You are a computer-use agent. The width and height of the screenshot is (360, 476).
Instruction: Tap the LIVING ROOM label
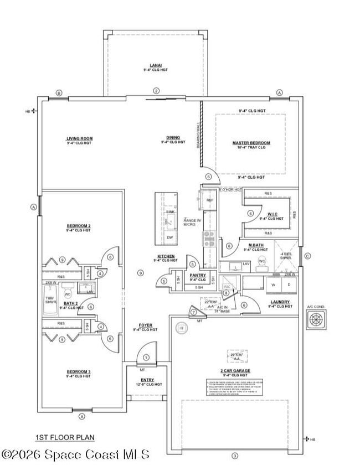tap(79, 138)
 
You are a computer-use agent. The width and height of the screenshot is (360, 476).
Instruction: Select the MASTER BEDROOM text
tap(251, 143)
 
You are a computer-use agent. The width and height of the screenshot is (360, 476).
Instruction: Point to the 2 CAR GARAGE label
tap(235, 370)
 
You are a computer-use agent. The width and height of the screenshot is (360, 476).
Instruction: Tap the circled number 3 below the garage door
tap(234, 456)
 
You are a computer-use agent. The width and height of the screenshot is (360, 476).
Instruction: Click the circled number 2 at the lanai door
tap(156, 91)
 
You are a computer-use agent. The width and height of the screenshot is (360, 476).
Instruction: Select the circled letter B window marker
tap(59, 92)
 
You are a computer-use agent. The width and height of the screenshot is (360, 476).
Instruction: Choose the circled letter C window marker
tap(307, 256)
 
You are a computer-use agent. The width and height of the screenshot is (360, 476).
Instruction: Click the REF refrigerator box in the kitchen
tap(210, 200)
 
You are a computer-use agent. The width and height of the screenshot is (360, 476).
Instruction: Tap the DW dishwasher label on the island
tap(169, 237)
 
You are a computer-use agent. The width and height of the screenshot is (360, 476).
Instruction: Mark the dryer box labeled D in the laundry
tap(289, 284)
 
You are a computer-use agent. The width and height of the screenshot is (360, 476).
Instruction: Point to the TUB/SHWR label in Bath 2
tap(51, 300)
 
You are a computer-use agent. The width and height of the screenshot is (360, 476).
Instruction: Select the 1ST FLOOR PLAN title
tap(65, 437)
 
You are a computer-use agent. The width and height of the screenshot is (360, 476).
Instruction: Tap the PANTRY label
tap(198, 275)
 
